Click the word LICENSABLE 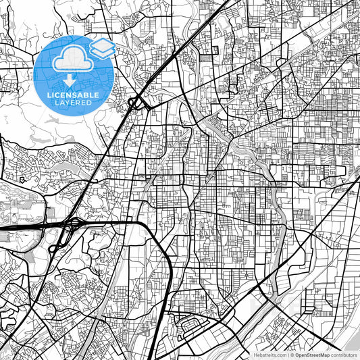(72, 95)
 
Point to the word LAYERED (72, 103)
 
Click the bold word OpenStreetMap (310, 355)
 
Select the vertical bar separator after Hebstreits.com (286, 355)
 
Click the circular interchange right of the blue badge (134, 103)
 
